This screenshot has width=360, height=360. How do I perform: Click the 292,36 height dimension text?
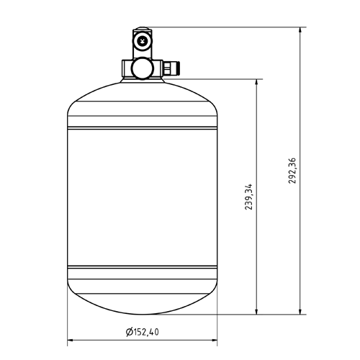[x=292, y=171]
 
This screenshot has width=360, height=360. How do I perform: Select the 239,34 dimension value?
[x=249, y=197]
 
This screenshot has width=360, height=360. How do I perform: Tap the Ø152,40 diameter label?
[x=143, y=332]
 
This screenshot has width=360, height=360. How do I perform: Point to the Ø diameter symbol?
[x=130, y=332]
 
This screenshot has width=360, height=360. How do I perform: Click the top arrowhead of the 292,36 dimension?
[x=300, y=31]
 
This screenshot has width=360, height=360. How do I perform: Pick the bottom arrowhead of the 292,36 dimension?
[x=300, y=310]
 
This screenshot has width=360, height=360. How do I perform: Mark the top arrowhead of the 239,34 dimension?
[x=256, y=83]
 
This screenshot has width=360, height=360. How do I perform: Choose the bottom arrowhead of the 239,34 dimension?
[x=256, y=310]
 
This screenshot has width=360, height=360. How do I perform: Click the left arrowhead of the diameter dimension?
[x=71, y=340]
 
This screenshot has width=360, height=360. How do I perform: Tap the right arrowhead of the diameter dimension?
[x=213, y=340]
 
